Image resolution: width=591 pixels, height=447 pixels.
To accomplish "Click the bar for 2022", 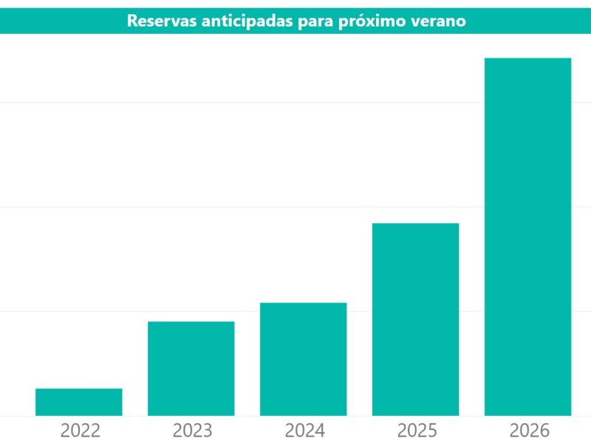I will tap(79, 402).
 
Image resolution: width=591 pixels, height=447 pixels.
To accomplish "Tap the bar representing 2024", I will tap(304, 359).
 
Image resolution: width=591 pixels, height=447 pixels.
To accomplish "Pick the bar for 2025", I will tap(416, 319).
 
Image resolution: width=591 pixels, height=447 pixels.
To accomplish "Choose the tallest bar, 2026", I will tap(528, 236).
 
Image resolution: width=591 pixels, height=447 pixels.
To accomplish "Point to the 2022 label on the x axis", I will tap(80, 431).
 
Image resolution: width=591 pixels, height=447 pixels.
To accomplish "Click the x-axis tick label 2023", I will tap(192, 431).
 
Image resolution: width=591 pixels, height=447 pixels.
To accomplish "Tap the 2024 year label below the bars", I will tap(304, 431).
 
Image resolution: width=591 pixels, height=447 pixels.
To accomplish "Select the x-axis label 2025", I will tap(417, 431).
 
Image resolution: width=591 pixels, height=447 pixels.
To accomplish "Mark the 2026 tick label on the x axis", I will tap(529, 431).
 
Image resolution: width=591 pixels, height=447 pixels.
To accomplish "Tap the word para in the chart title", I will tap(314, 21).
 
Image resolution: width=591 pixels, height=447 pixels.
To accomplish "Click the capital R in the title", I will tap(132, 21).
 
